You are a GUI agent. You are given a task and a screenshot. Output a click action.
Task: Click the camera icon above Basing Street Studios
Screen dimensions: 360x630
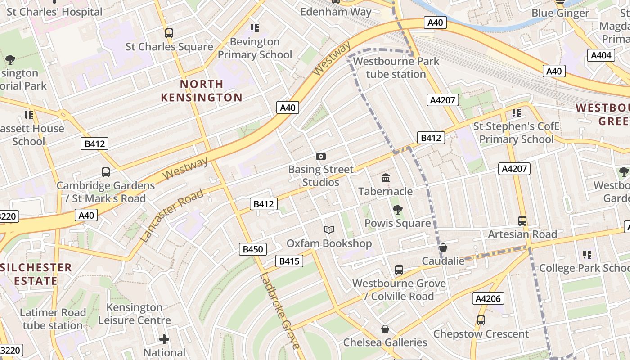(320, 157)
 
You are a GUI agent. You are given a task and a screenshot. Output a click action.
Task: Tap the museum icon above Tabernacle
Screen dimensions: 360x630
(386, 178)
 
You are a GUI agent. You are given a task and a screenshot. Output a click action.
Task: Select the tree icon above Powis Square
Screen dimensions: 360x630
(397, 209)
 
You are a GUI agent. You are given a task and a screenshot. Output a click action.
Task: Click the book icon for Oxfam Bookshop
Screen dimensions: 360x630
(329, 230)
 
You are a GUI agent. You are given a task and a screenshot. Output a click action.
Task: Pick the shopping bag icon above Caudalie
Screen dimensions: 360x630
(443, 247)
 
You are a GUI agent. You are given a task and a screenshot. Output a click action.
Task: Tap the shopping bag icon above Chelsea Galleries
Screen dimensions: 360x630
(385, 329)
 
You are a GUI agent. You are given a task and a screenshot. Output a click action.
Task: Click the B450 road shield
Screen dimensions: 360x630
(252, 249)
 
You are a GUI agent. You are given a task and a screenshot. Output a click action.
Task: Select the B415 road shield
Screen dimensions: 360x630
(289, 261)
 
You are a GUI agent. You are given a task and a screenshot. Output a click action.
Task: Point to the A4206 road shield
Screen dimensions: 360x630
(488, 298)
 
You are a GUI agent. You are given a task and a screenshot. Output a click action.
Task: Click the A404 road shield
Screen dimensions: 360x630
(601, 55)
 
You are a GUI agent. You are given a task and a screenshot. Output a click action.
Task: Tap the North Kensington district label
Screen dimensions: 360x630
(202, 90)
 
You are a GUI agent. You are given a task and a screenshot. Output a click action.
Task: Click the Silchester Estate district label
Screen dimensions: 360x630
(36, 274)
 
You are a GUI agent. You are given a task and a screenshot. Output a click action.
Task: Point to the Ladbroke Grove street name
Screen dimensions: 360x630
(279, 311)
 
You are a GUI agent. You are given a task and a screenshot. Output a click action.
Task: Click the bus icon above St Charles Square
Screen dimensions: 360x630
(169, 33)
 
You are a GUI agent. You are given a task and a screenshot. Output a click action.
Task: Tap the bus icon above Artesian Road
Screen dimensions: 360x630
(522, 221)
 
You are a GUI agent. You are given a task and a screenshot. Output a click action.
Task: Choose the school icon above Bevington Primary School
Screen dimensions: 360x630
(255, 28)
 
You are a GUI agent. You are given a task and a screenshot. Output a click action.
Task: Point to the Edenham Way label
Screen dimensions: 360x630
(336, 12)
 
